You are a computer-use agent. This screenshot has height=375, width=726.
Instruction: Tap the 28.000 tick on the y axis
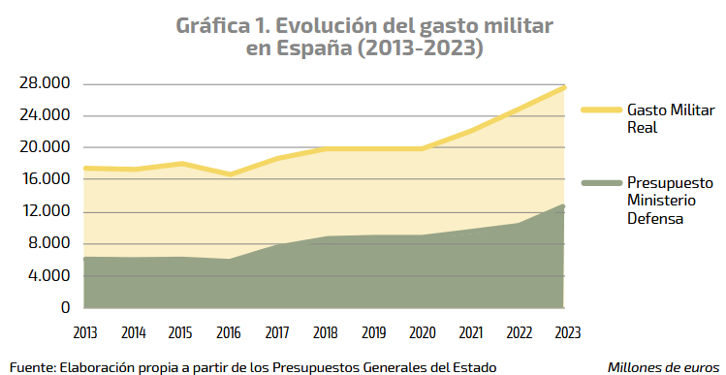point(45,83)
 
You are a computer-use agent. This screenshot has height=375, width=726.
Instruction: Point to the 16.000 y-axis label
point(45,179)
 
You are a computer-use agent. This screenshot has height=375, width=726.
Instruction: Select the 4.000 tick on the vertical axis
point(48,275)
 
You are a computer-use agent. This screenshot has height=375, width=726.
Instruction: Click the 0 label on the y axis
point(65,307)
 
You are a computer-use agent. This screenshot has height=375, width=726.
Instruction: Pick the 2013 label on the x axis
point(84,332)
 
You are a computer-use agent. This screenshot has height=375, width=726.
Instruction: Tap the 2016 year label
point(229,332)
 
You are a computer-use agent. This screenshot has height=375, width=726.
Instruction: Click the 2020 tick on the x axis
point(422,332)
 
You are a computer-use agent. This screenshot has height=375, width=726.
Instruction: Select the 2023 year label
point(565,332)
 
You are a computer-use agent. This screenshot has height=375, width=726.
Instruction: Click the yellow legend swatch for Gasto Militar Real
point(600,109)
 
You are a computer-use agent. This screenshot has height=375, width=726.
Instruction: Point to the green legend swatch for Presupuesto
point(600,183)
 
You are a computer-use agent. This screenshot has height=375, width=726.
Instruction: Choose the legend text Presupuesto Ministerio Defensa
point(669,201)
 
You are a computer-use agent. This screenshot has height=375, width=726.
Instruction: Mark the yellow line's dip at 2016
point(229,174)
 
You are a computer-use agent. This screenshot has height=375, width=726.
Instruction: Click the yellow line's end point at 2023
point(565,87)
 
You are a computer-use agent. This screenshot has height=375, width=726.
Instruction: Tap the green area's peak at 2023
point(564,206)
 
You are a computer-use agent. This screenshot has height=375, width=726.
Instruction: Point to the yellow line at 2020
point(422,148)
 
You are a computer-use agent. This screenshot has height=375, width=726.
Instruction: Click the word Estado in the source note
point(472,366)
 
